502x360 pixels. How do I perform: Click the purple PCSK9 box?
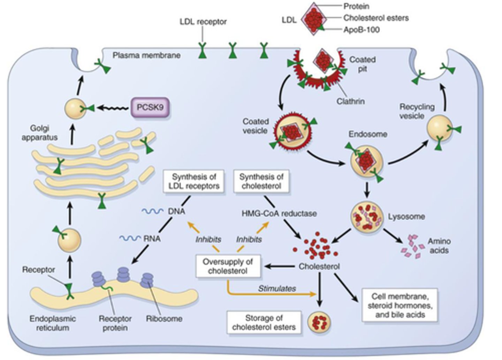150,107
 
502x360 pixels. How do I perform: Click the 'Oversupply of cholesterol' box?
228,267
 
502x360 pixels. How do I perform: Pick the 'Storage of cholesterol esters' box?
264,322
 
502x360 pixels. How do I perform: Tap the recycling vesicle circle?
440,129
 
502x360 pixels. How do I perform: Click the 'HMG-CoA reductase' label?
279,213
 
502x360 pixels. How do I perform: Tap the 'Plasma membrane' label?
146,55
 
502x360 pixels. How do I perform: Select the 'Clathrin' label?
350,101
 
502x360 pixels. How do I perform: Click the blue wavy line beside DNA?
152,212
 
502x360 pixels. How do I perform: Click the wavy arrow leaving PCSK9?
113,108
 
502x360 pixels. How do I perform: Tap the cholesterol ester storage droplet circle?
319,322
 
